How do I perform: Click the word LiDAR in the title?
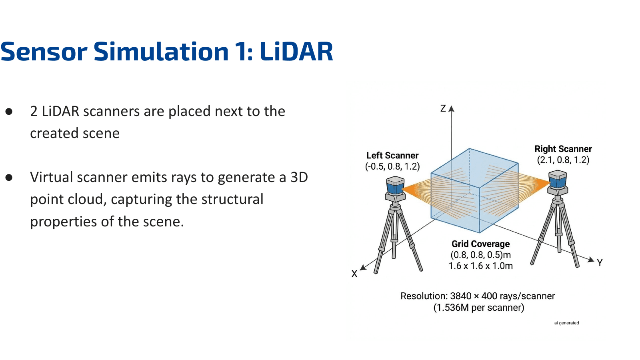pos(296,52)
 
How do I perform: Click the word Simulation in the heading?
pos(161,52)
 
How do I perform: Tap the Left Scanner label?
pos(392,156)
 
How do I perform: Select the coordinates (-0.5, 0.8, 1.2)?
pos(392,166)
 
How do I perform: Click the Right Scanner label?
pos(563,149)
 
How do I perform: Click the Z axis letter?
pos(443,108)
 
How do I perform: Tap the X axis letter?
pos(354,274)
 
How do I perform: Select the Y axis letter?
pos(600,263)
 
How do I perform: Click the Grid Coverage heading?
pos(480,244)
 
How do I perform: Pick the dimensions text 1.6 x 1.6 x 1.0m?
pos(480,266)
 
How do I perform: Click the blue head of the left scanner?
pos(395,186)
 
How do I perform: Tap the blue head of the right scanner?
pos(558,180)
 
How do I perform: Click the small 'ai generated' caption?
pos(566,323)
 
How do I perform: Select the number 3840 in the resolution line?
pos(461,296)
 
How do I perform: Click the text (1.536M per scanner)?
pos(478,308)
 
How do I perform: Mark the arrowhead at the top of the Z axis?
pos(452,108)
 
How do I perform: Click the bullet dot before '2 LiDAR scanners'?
pos(9,112)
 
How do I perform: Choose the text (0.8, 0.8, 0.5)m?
pos(480,255)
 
